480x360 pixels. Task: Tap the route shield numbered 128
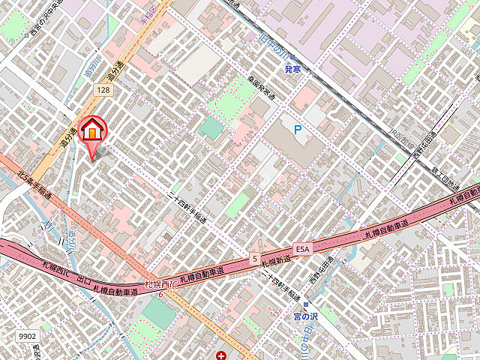point(103,89)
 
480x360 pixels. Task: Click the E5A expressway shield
point(301,248)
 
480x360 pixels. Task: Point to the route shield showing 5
point(255,259)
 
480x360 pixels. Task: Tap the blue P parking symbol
point(298,130)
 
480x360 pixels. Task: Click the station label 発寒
point(292,69)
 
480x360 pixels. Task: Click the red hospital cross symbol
point(222,355)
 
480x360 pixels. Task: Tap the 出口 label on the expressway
point(83,280)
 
